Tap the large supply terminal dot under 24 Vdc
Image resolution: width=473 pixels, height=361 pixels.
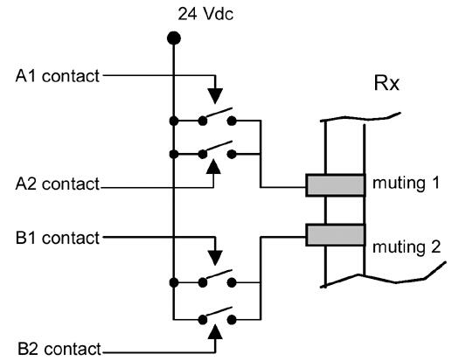174,38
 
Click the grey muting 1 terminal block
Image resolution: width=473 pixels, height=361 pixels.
335,185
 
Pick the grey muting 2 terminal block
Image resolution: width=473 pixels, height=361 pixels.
335,234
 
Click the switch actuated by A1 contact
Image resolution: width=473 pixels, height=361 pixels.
217,116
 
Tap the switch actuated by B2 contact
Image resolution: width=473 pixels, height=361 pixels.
217,313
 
